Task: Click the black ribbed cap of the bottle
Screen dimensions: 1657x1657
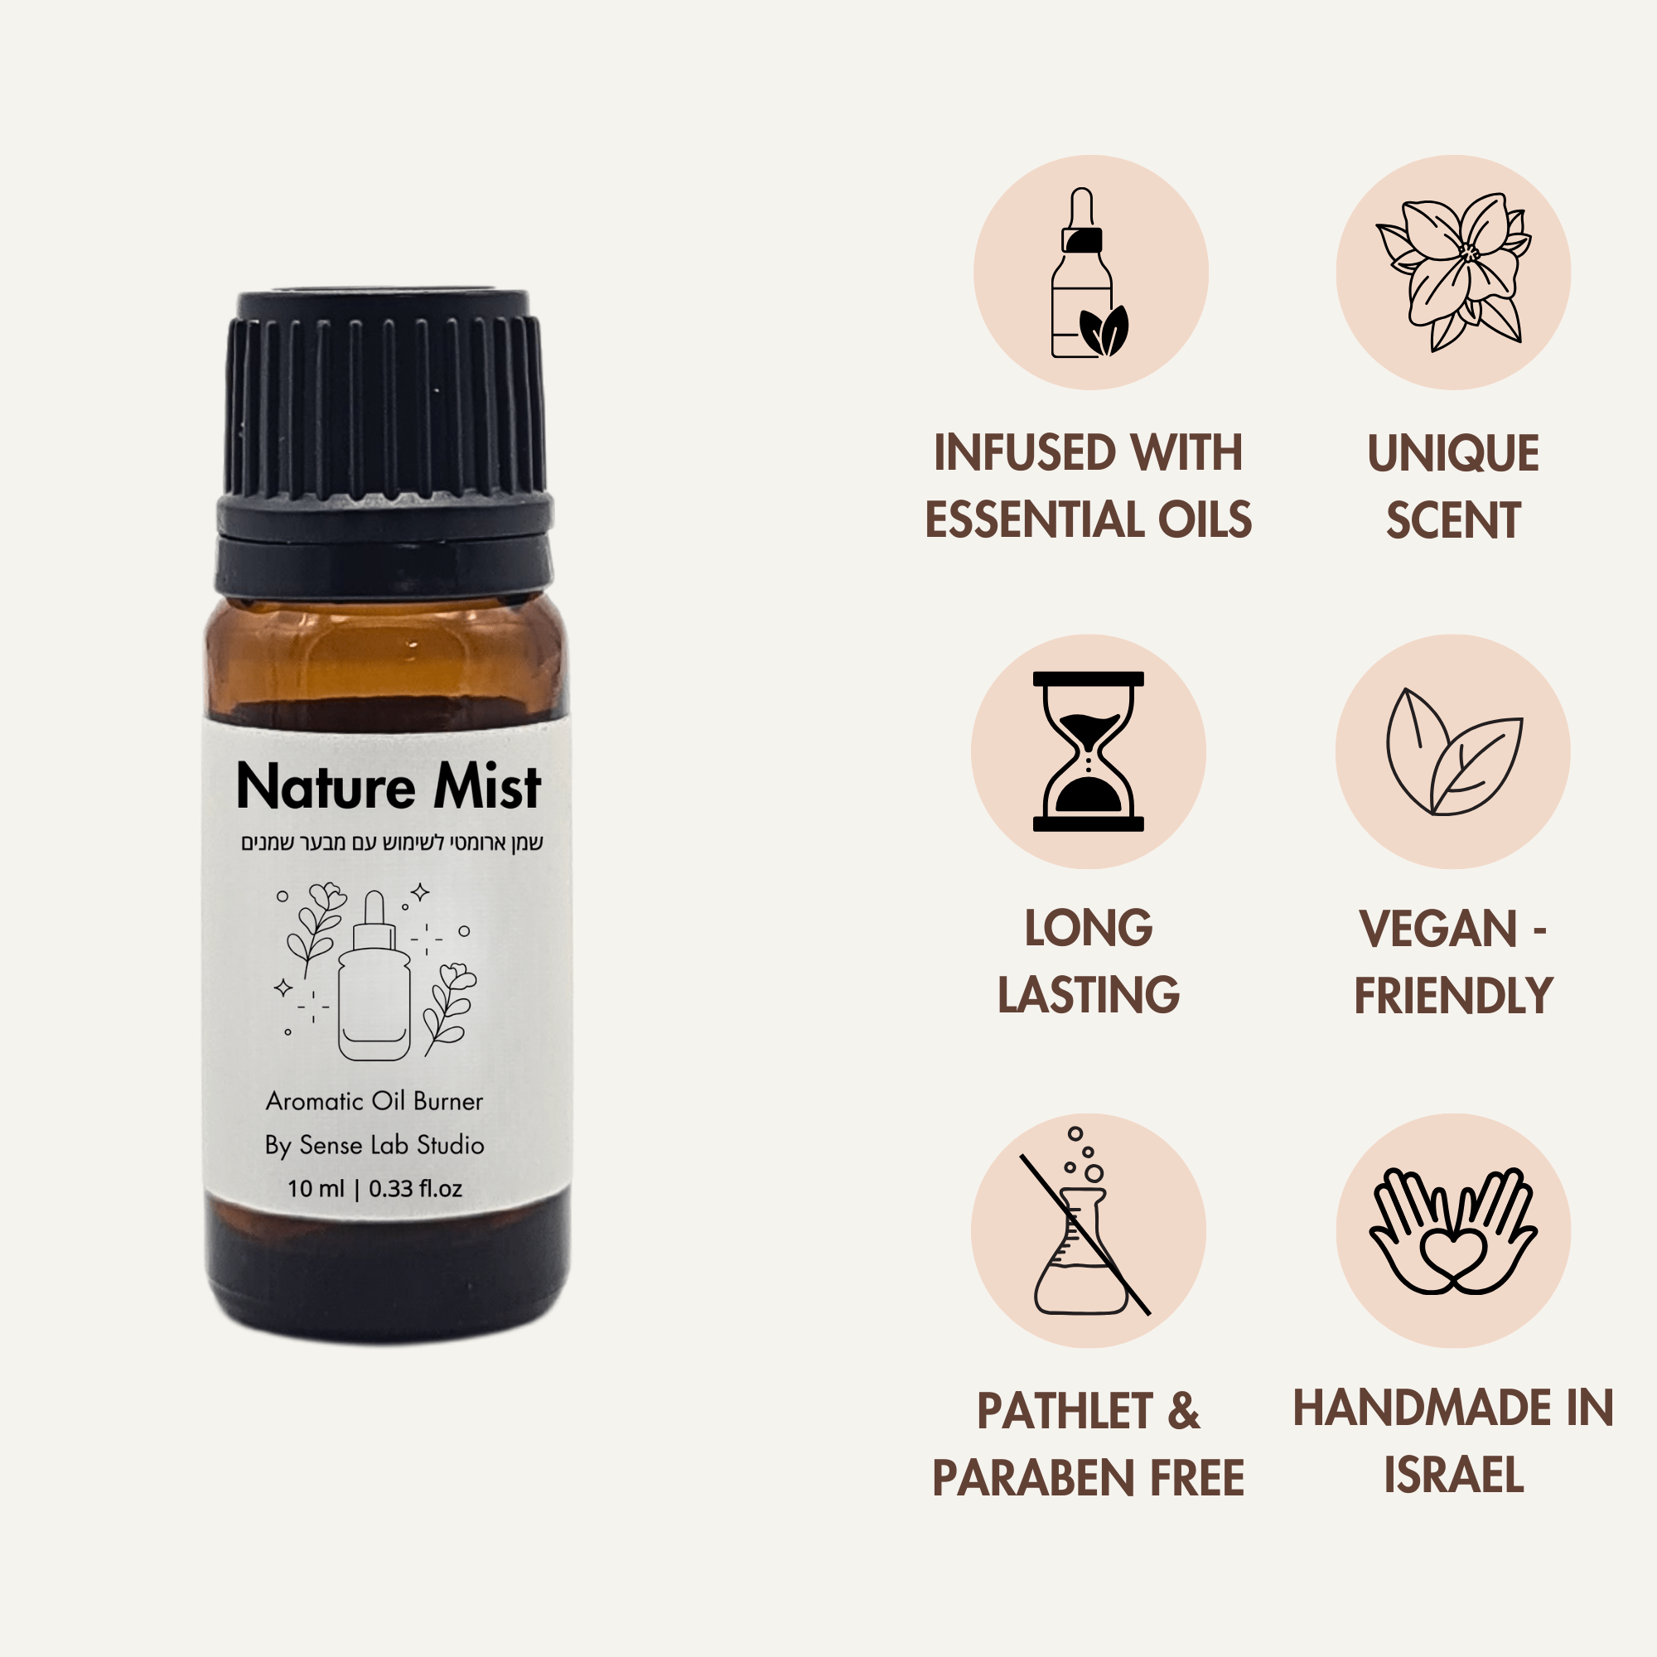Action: coord(384,442)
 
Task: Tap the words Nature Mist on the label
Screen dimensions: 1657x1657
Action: coord(389,786)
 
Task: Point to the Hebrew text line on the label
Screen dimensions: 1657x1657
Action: coord(392,843)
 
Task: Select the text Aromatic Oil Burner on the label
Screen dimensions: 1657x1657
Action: coord(374,1101)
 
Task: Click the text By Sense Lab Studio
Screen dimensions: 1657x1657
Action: coord(374,1146)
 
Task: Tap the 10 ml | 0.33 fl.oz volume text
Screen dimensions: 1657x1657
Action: coord(374,1189)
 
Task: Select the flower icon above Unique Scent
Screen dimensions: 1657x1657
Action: coord(1453,273)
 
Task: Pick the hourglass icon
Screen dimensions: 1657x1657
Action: coord(1089,752)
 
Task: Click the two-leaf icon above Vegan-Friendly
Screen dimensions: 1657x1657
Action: coord(1454,752)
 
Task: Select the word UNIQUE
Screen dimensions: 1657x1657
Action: coord(1454,453)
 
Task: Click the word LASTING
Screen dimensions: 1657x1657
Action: coord(1089,995)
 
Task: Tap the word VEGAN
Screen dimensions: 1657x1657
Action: coord(1438,929)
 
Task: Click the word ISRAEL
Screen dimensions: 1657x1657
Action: coord(1454,1476)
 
